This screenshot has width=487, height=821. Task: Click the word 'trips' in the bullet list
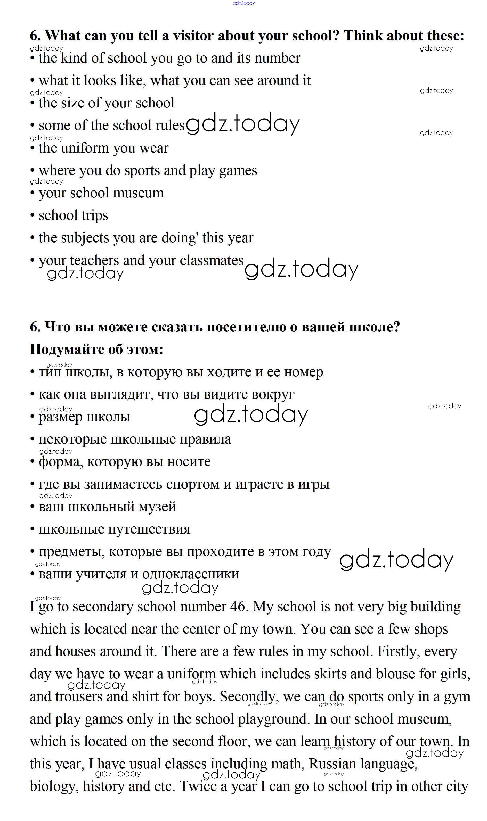click(95, 215)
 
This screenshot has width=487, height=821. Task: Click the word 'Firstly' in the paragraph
click(398, 651)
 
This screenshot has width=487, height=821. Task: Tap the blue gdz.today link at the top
click(243, 3)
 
